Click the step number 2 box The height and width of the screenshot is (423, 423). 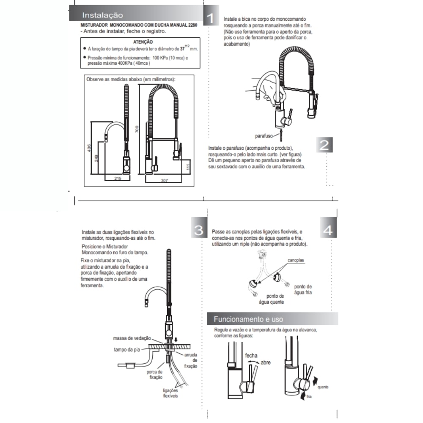(x=324, y=145)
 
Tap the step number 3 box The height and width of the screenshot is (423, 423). (x=198, y=230)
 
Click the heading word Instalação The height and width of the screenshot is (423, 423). (x=102, y=15)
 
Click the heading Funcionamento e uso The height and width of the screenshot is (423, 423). (x=248, y=319)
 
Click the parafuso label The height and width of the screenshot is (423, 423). (x=264, y=136)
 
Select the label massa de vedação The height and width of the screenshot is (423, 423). (x=132, y=338)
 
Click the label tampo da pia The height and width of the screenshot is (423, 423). (x=127, y=349)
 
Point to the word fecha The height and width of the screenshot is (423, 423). (x=251, y=355)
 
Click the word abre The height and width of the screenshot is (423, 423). (x=266, y=363)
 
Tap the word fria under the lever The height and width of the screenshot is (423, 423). (x=309, y=396)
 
